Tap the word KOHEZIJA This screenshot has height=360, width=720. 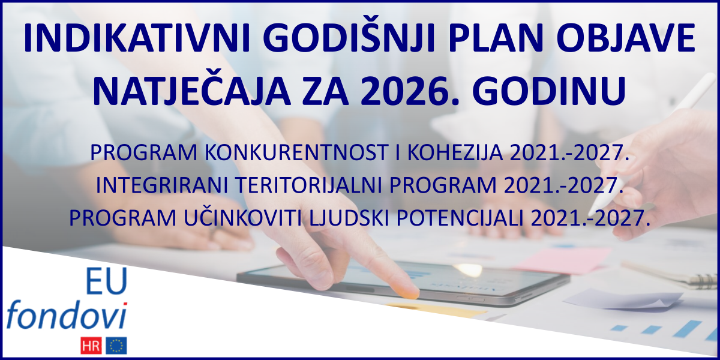pos(456,154)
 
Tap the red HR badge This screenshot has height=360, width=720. pos(92,345)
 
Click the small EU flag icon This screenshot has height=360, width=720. pos(116,345)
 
